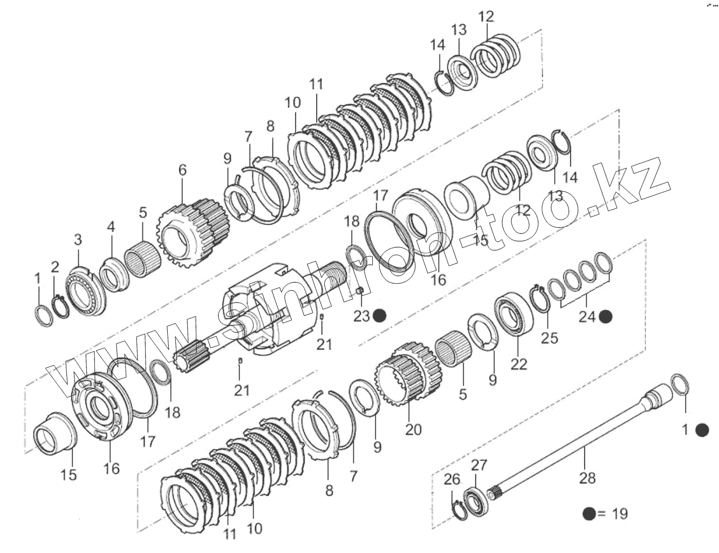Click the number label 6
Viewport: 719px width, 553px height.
[182, 170]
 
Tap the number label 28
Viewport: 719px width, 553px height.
[587, 477]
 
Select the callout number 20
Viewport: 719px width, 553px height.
[414, 429]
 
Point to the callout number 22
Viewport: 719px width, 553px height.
[519, 364]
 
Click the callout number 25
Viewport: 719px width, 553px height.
[550, 338]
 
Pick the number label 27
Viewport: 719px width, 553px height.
[479, 465]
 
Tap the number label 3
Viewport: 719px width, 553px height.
[78, 240]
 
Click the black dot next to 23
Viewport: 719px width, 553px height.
[380, 316]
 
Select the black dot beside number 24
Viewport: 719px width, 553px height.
[606, 317]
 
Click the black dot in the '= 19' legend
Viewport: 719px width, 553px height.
[589, 514]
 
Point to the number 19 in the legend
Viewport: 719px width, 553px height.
[620, 514]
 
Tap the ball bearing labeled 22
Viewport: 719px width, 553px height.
[513, 313]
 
